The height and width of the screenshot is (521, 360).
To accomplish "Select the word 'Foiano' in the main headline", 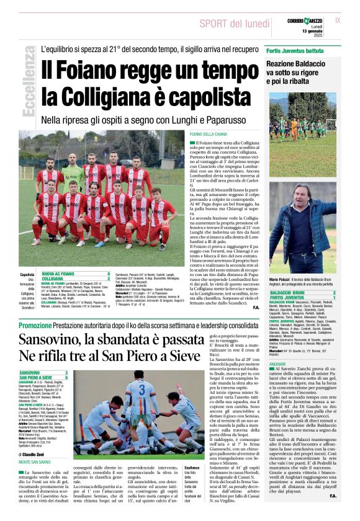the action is (94, 69).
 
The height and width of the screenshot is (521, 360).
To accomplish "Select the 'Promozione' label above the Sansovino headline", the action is (35, 325).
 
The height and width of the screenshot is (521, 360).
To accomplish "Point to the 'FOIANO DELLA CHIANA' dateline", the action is (209, 134).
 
